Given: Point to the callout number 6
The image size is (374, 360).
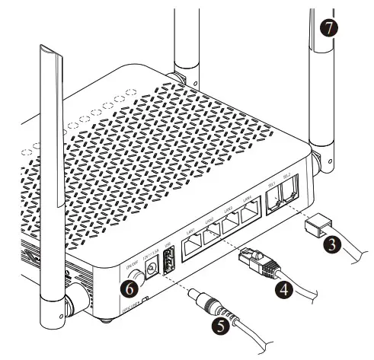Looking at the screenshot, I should tap(131, 288).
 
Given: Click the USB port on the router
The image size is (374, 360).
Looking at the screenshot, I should tap(170, 261).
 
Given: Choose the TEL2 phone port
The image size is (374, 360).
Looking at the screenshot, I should tap(289, 194).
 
